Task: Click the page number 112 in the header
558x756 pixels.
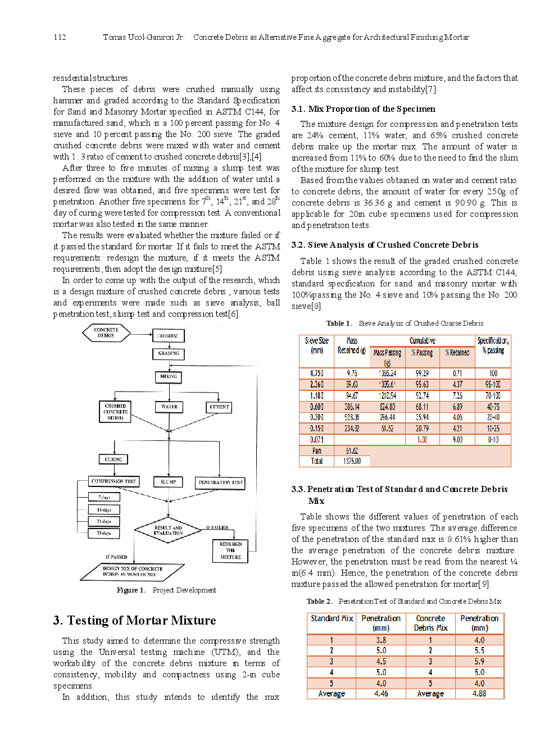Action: click(60, 37)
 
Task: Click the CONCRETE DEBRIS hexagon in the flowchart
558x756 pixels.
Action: click(106, 333)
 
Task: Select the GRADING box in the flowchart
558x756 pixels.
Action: click(168, 354)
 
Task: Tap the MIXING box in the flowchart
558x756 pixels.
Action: click(168, 377)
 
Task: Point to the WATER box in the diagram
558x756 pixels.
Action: click(169, 407)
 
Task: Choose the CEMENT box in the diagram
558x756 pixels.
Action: click(219, 407)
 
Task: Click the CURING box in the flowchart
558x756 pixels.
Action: click(113, 459)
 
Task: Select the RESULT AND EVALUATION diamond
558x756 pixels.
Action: click(168, 531)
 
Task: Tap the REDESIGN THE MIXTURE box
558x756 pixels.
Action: click(230, 550)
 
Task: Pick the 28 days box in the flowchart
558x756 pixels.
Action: click(104, 533)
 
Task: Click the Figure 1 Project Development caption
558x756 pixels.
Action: click(166, 590)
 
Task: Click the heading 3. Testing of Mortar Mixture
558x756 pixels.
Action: click(135, 621)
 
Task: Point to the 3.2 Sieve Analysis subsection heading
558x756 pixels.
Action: click(385, 245)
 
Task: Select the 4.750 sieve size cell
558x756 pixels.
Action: click(316, 374)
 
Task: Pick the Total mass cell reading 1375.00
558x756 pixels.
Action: click(352, 461)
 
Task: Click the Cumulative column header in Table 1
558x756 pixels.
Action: click(422, 340)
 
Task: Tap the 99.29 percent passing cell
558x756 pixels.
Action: click(422, 374)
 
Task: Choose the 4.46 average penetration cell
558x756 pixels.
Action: click(381, 694)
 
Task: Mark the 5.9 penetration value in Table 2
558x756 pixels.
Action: click(479, 662)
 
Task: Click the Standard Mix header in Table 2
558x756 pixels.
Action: click(332, 618)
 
